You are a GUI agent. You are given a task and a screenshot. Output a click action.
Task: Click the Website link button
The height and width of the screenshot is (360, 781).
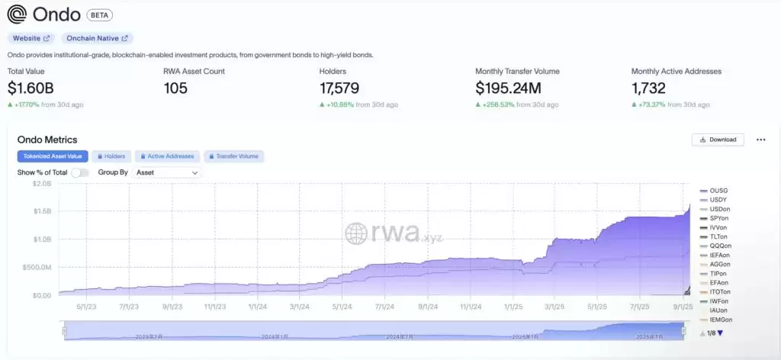pos(31,37)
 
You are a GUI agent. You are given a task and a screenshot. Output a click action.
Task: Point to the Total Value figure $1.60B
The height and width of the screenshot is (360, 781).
pos(31,88)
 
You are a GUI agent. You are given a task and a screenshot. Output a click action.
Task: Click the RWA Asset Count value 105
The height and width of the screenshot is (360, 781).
pos(175,88)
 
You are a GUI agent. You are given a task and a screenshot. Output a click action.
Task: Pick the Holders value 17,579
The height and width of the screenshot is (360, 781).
pos(339,88)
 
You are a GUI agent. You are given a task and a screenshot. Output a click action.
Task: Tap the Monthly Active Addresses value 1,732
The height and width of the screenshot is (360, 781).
pos(648,88)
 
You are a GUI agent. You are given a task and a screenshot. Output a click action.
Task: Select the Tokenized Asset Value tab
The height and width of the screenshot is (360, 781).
pos(53,156)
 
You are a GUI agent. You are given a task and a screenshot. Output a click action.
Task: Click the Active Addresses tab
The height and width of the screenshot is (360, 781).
pos(167,156)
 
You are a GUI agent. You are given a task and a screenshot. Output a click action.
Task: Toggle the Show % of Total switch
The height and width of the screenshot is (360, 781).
pos(80,172)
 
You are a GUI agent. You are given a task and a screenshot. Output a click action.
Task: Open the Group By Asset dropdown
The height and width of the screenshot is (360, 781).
pos(167,172)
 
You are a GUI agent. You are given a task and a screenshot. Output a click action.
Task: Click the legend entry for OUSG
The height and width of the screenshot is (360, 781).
pos(718,190)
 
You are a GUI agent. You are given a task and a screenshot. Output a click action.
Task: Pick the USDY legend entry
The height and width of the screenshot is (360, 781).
pos(718,199)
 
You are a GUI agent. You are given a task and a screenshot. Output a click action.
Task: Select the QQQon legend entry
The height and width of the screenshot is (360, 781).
pos(719,246)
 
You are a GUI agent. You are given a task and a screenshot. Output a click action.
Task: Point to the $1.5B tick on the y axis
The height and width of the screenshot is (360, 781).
pos(41,211)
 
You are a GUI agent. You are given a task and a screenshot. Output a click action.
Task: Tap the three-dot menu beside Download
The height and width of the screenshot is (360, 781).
pos(760,140)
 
